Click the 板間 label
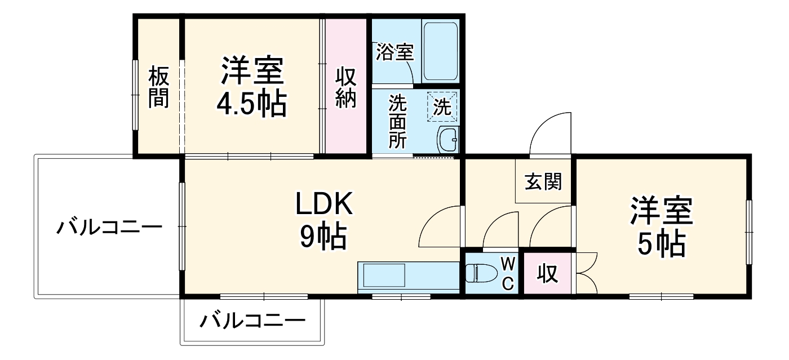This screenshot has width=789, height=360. coord(159,87)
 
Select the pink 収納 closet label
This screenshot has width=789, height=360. coord(346,87)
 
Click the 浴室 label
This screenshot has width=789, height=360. coord(395,52)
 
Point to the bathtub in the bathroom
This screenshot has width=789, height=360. coord(441,52)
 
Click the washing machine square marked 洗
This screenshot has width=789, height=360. coord(443,106)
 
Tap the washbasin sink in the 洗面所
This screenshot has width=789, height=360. coord(449,139)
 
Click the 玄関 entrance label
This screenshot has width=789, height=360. coord(543,181)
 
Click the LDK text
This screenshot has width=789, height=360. coord(325,205)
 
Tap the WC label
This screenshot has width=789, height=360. coord(507,273)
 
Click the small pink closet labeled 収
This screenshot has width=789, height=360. coord(546,274)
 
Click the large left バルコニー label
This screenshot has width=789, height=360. coord(109,228)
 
